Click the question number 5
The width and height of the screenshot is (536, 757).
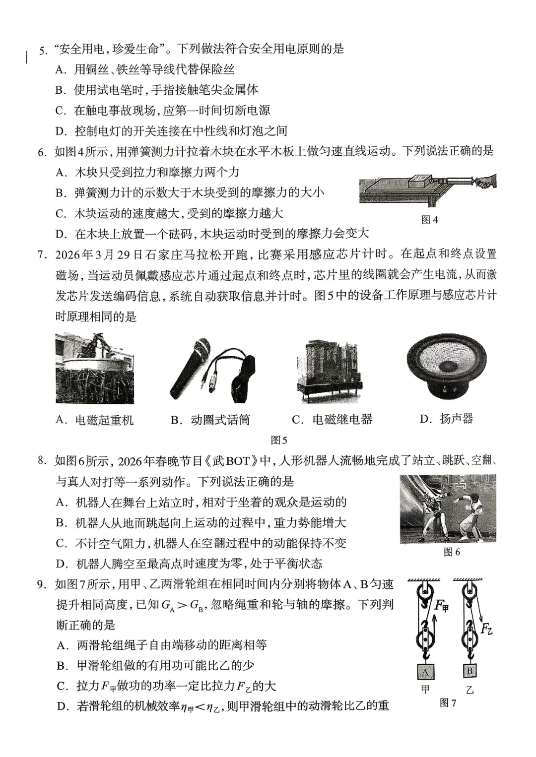43,50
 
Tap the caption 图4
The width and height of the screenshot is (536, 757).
429,220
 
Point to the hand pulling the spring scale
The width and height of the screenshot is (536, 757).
487,180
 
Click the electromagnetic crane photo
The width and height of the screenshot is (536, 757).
95,369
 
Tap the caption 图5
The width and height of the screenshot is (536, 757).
279,440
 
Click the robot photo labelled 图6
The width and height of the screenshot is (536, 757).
448,508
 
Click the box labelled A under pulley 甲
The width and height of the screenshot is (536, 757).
425,672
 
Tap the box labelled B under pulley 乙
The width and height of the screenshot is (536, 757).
469,671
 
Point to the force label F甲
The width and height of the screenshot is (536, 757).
441,606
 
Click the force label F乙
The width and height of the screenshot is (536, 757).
486,629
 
